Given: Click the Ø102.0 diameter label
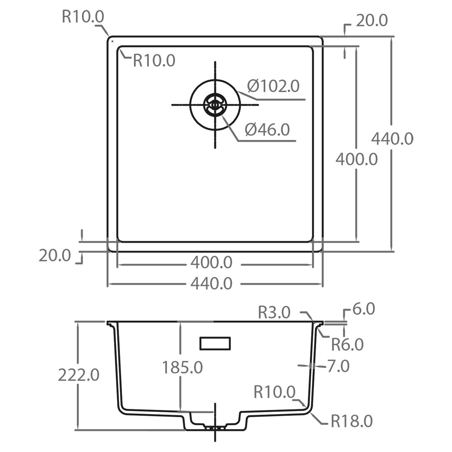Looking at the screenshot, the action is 273,86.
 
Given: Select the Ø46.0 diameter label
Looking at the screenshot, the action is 267,129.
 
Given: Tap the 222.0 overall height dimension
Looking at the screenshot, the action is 79,375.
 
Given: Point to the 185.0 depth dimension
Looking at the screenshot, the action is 183,367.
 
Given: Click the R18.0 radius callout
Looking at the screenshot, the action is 352,421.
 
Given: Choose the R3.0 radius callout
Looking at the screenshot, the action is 274,312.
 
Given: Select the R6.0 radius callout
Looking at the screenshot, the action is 348,344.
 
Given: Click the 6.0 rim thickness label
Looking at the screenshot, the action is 364,309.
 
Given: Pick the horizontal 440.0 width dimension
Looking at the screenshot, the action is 211,284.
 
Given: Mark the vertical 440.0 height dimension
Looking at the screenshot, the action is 392,139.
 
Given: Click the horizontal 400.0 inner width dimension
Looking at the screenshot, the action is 211,263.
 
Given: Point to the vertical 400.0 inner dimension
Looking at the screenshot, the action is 357,160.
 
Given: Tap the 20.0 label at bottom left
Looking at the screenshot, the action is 55,256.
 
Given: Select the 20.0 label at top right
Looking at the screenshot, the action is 372,21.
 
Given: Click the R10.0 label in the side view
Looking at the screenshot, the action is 275,392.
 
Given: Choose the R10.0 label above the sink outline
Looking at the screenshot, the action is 83,17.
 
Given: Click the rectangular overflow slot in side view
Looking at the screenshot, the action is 215,343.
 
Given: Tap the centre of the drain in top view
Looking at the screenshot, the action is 215,105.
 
